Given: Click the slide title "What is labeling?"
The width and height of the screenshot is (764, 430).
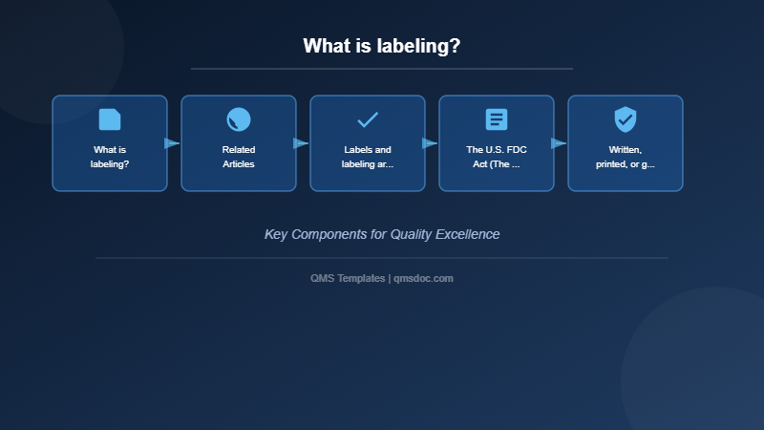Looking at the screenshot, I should [x=382, y=46].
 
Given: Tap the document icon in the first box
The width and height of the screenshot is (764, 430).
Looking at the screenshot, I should [x=110, y=119].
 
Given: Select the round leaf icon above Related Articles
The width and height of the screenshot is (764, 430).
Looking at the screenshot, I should [x=239, y=119].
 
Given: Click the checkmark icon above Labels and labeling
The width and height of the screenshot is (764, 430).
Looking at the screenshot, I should [x=368, y=119].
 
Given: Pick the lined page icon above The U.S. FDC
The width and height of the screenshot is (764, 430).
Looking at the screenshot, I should [x=497, y=119].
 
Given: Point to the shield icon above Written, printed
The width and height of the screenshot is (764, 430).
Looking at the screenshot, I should [x=626, y=119].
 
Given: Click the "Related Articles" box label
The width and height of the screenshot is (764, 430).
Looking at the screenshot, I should [x=239, y=157].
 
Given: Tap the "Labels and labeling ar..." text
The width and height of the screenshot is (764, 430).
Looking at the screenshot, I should [x=368, y=157].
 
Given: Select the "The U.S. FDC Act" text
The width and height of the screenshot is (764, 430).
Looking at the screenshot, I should [x=497, y=157].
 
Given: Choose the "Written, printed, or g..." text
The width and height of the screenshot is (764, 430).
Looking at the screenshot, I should [x=626, y=157].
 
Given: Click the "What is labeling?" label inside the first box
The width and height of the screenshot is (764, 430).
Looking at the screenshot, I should [x=110, y=157].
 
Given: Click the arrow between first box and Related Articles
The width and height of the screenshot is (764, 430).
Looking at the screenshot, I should [x=172, y=143].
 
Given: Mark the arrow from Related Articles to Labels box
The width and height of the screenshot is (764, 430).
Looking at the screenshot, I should [x=301, y=143].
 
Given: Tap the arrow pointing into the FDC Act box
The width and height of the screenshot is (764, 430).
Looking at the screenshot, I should [x=430, y=143].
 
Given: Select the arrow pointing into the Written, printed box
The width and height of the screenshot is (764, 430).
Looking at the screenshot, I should [x=559, y=143].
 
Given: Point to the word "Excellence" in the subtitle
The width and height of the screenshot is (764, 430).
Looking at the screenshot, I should [x=468, y=234].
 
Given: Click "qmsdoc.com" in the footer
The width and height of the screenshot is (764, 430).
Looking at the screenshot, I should [x=423, y=278].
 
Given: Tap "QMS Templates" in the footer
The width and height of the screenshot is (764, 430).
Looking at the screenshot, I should [x=348, y=278].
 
